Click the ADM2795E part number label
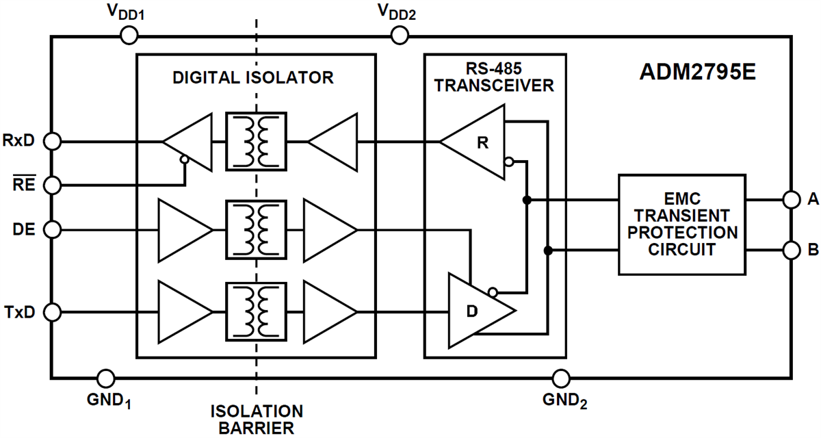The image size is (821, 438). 698,73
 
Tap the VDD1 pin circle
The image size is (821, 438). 127,36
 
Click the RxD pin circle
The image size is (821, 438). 51,142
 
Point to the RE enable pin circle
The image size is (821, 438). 51,185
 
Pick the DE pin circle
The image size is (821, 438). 51,228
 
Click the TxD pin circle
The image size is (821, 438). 51,313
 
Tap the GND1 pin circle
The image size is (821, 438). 106,377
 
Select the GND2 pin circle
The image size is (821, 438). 561,377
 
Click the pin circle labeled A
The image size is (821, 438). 792,200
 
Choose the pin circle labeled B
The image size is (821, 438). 792,250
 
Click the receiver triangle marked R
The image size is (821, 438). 479,142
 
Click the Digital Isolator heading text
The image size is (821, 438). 253,77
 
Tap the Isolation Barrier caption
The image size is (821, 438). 257,420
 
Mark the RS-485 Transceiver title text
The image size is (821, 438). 495,77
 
